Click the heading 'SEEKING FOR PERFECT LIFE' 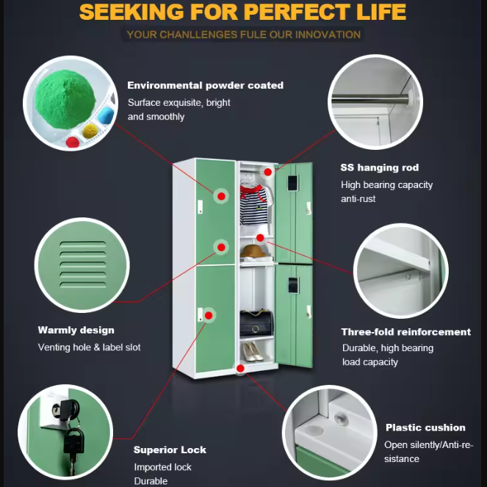242,12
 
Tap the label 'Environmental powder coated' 205,85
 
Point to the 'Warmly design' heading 76,331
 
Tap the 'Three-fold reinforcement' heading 406,332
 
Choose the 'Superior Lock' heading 170,450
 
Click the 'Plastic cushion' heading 425,428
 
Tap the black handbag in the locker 255,322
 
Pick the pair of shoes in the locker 254,351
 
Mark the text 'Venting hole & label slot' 89,347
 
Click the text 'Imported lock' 162,466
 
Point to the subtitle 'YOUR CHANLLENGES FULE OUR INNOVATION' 243,35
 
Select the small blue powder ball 107,115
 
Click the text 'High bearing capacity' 386,185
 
